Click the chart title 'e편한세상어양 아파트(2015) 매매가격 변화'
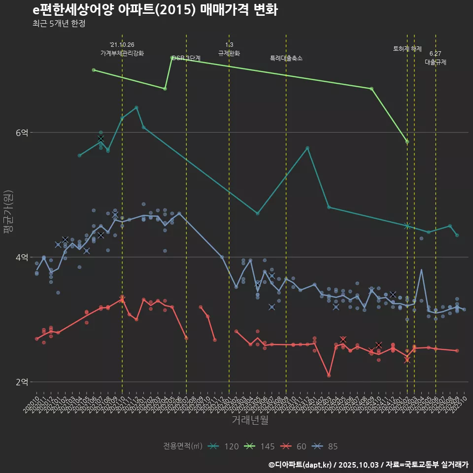pos(155,10)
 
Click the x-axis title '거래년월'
pos(250,420)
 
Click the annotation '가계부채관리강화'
pos(122,53)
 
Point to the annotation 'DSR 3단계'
pos(186,58)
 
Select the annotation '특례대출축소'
pos(286,58)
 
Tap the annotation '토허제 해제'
pos(407,49)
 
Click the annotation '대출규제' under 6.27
pos(436,62)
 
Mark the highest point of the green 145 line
pos(172,58)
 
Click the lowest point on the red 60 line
pos(329,375)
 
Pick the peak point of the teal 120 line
pos(136,107)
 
